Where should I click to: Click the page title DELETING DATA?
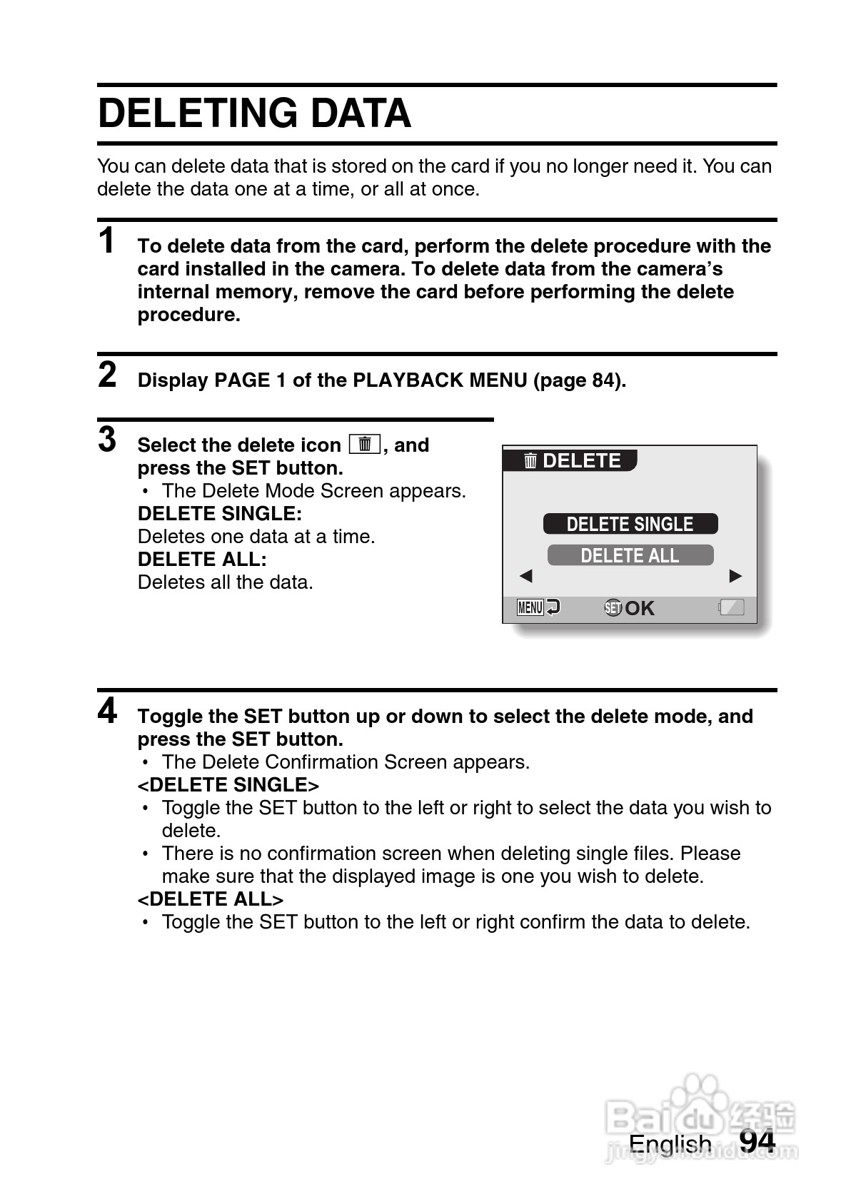254,113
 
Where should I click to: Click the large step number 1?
107,241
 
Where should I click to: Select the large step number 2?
107,375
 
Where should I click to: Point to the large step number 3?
107,439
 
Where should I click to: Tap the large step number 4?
107,710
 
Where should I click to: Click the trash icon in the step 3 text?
365,444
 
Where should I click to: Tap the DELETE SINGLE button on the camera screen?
630,524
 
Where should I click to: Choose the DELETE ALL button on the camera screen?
630,555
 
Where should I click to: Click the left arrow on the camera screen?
526,576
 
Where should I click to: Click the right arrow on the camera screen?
735,576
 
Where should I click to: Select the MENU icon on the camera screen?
530,608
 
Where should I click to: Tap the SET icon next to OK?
613,608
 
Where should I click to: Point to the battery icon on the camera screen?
732,607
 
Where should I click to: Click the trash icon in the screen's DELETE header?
530,461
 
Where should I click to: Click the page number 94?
757,1142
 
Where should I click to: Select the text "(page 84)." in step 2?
580,380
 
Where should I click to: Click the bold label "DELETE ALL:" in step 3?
202,560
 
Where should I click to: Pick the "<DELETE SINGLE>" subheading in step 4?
228,785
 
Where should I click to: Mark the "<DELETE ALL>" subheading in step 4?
211,899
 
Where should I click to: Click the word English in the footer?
670,1144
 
